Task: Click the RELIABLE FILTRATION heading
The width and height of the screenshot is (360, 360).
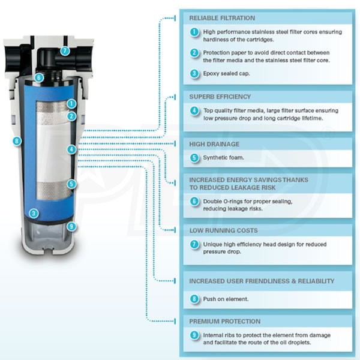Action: [x=222, y=18]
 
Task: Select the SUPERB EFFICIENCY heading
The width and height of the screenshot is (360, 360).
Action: [x=220, y=96]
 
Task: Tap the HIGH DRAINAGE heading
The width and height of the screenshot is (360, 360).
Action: [x=214, y=144]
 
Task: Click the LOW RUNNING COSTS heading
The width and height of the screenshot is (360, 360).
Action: [x=223, y=230]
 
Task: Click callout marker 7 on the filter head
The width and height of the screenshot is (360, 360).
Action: [x=65, y=51]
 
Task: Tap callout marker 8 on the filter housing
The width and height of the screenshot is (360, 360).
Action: [x=16, y=141]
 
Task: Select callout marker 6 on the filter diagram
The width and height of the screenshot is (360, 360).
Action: [x=38, y=77]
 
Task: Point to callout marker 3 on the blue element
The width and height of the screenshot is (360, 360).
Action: [x=35, y=212]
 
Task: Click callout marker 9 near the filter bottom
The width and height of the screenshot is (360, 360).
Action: [x=71, y=226]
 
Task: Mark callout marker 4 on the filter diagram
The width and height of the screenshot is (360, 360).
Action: [x=71, y=148]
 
